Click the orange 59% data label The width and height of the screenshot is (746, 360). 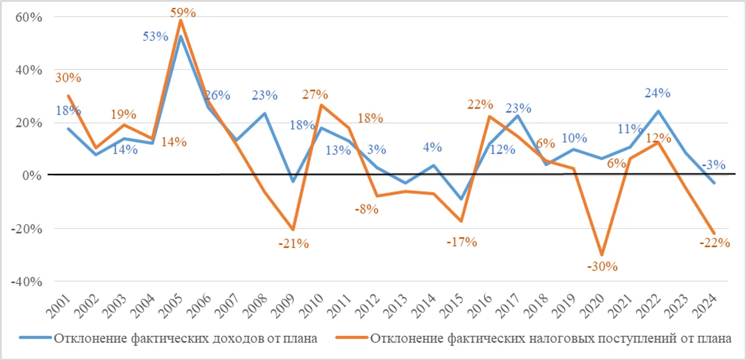[x=183, y=12]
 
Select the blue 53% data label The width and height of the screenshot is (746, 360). [x=156, y=36]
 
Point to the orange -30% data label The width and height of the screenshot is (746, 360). [x=602, y=266]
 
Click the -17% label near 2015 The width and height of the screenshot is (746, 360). [x=462, y=242]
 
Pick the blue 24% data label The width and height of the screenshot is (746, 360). [x=657, y=93]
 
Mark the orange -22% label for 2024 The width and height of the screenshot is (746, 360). [x=714, y=242]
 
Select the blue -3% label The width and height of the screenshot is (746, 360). [x=713, y=165]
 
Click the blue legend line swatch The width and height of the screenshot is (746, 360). [x=35, y=338]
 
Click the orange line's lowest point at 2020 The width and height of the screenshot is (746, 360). [x=602, y=255]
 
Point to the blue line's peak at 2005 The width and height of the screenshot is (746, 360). [x=181, y=36]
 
